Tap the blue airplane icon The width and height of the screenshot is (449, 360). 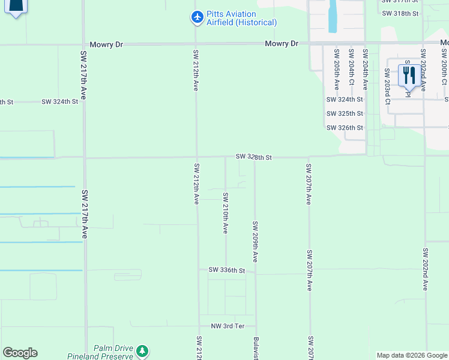point(197,17)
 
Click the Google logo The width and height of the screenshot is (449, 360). point(20,353)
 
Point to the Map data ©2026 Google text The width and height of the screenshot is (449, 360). point(412,355)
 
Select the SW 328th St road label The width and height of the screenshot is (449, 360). point(254,157)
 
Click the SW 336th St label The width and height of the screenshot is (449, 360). point(227,271)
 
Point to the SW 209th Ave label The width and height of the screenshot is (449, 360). point(255,241)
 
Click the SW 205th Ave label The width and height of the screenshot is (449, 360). point(336,70)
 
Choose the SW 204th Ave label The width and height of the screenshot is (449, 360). point(351,70)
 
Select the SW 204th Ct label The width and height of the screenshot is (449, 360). point(365,70)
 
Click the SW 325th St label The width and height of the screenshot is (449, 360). point(345,113)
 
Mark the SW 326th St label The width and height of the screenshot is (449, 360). point(345,128)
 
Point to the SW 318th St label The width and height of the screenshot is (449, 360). point(399,13)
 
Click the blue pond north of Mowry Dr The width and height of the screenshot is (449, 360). point(333,16)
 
